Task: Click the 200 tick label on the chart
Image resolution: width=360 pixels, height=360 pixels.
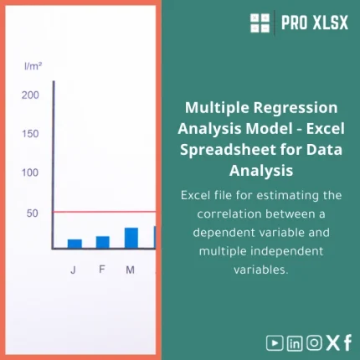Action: pos(30,95)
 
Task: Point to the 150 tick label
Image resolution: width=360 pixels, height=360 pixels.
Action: pos(30,134)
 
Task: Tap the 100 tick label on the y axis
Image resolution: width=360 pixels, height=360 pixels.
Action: pos(30,173)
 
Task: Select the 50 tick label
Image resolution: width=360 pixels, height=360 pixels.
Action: pos(33,213)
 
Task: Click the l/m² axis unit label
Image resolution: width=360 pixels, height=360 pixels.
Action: pos(33,65)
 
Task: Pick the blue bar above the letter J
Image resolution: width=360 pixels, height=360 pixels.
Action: pos(75,244)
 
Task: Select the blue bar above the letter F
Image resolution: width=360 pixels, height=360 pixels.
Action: pos(102,242)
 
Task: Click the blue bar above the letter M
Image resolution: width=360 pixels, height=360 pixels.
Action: pos(131,238)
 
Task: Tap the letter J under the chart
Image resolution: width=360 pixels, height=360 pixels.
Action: pos(74,270)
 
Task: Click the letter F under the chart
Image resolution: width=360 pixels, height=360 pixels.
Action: pos(102,270)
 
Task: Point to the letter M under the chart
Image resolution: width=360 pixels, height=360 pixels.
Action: pos(131,270)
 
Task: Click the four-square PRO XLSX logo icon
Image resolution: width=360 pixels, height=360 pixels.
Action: pos(260,23)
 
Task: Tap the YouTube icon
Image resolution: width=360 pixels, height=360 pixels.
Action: pos(275,342)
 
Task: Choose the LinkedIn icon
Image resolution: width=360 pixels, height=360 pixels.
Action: pos(295,342)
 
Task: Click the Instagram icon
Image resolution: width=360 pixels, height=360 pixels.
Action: pos(314,342)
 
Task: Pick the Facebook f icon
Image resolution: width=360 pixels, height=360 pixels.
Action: pos(347,342)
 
